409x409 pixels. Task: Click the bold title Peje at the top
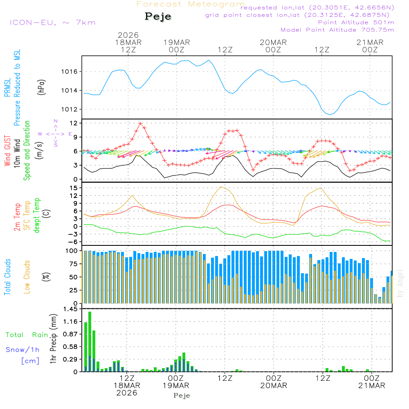click(158, 17)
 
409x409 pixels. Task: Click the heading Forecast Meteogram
click(191, 4)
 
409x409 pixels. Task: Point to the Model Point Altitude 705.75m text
click(337, 29)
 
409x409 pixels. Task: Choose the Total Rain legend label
click(27, 335)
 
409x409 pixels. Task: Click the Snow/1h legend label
click(23, 350)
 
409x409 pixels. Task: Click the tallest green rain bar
click(90, 342)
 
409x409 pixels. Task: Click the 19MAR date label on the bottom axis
click(176, 386)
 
